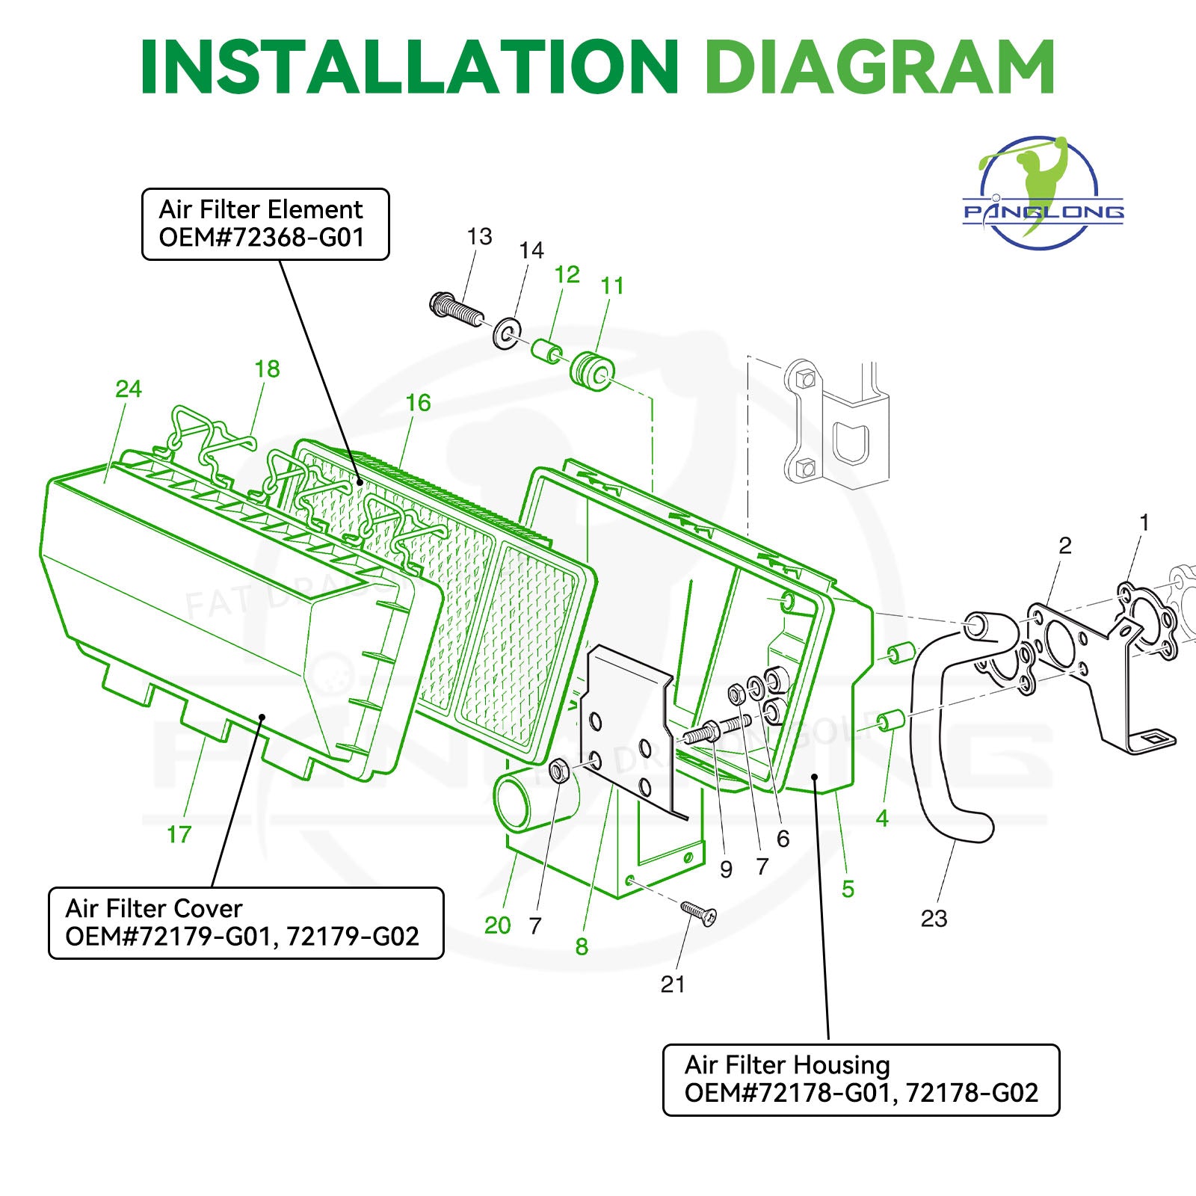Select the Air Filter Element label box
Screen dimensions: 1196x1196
click(x=265, y=224)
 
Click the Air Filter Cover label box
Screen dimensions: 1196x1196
click(x=246, y=922)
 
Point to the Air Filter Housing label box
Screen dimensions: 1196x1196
click(x=861, y=1079)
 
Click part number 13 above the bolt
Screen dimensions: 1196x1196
click(x=479, y=237)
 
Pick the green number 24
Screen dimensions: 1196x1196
click(x=128, y=389)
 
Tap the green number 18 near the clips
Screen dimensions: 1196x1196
click(x=267, y=369)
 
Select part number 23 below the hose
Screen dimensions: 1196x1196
click(x=934, y=918)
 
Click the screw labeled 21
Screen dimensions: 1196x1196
click(x=699, y=913)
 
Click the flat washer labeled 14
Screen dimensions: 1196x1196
click(x=508, y=333)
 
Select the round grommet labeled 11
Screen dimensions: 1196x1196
click(x=593, y=372)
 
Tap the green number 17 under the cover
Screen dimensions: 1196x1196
click(x=179, y=834)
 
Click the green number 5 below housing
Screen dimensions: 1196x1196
click(x=848, y=889)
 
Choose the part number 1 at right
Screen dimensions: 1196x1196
click(x=1143, y=523)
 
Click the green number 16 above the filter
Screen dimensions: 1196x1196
click(x=418, y=403)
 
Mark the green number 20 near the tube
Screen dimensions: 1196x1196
click(x=497, y=925)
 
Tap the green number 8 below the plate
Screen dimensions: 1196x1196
click(x=582, y=947)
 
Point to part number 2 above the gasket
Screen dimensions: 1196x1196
click(x=1064, y=546)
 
